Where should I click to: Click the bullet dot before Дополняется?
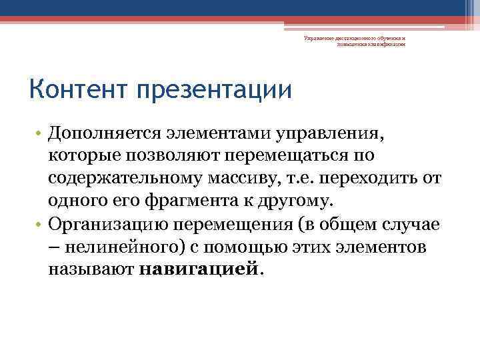pyautogui.click(x=40, y=134)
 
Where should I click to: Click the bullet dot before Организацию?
pyautogui.click(x=40, y=225)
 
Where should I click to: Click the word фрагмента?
pyautogui.click(x=188, y=202)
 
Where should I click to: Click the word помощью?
pyautogui.click(x=256, y=247)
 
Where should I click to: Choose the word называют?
pyautogui.click(x=92, y=270)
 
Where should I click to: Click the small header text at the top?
pyautogui.click(x=354, y=42)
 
